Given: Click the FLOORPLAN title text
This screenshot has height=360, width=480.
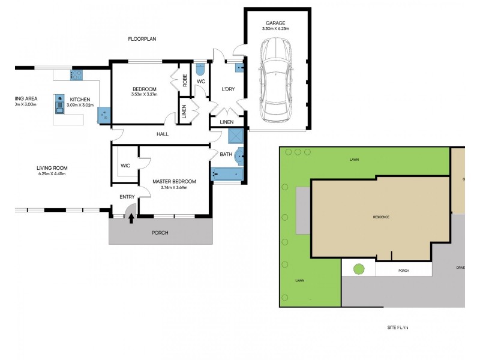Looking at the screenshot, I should click(142, 39).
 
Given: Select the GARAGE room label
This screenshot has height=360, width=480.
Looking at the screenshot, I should click(276, 23).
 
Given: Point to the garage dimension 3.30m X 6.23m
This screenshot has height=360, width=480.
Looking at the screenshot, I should click(276, 29).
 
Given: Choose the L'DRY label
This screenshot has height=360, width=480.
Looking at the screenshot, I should click(229, 89).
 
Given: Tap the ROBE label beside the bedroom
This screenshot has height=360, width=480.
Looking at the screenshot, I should click(185, 80).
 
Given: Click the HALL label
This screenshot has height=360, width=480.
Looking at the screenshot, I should click(163, 134).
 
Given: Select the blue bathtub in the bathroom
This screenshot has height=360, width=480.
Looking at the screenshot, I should click(228, 175).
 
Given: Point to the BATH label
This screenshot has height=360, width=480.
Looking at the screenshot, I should click(226, 154).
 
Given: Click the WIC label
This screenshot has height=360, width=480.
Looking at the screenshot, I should click(125, 166).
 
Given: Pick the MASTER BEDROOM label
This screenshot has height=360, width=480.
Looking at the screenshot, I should click(174, 181).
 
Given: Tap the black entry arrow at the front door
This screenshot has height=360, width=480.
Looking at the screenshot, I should click(131, 218).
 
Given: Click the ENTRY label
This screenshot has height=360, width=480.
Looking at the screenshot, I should click(127, 197).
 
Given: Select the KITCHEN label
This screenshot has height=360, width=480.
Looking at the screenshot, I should click(80, 99).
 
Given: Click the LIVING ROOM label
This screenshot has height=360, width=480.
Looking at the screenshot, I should click(52, 167).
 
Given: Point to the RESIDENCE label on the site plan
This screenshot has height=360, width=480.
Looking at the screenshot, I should click(381, 217).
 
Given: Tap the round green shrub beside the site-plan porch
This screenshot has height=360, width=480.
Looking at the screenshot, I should click(359, 269).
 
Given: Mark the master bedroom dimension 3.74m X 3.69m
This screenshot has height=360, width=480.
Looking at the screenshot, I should click(174, 187).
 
